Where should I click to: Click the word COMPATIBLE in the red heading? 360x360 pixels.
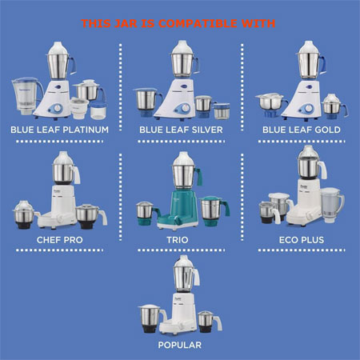pos(198,23)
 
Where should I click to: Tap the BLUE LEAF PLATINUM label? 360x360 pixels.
pos(60,130)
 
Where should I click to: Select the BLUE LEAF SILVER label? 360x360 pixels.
pos(181,130)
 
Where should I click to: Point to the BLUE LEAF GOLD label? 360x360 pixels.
pos(302,130)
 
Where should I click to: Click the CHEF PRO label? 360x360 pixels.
pos(60,240)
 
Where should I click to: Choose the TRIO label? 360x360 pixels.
pos(178,240)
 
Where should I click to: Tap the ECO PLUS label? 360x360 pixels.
pos(302,240)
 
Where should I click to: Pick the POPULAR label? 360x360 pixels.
pos(180,345)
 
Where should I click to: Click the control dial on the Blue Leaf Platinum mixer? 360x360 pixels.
pos(57,109)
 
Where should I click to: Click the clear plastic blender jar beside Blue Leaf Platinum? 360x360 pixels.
pos(26,95)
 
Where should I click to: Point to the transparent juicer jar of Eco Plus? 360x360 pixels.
pos(331,205)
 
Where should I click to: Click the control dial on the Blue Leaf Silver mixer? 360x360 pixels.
pos(184,109)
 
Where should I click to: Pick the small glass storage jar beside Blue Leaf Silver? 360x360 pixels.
pos(222,111)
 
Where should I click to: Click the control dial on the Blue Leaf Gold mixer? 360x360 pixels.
pos(307,109)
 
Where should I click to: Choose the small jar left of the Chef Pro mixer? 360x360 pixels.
pos(25,214)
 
